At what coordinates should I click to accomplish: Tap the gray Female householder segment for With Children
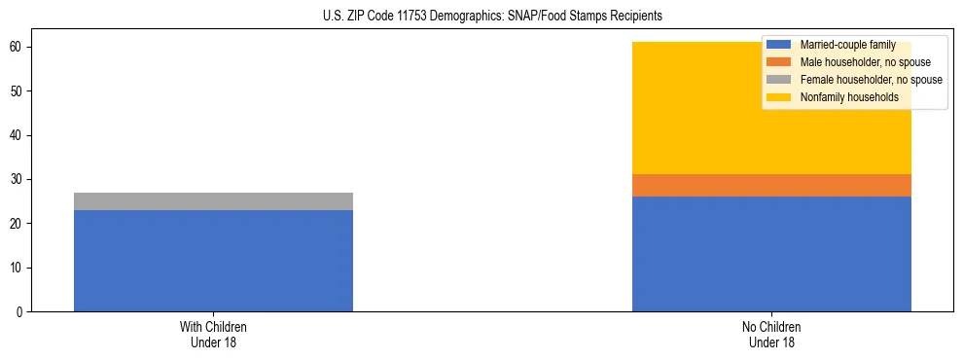(213, 201)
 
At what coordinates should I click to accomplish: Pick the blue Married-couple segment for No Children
(771, 254)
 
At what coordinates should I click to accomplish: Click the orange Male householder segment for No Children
(771, 186)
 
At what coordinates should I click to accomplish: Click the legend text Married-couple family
(847, 45)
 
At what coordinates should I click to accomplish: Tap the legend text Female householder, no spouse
(871, 80)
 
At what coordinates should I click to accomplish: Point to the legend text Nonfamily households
(849, 97)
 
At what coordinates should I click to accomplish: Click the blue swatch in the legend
(779, 45)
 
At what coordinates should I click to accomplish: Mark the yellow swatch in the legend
(779, 97)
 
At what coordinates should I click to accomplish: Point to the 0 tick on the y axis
(20, 312)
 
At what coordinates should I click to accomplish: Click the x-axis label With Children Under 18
(213, 335)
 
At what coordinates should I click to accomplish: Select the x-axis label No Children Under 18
(771, 335)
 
